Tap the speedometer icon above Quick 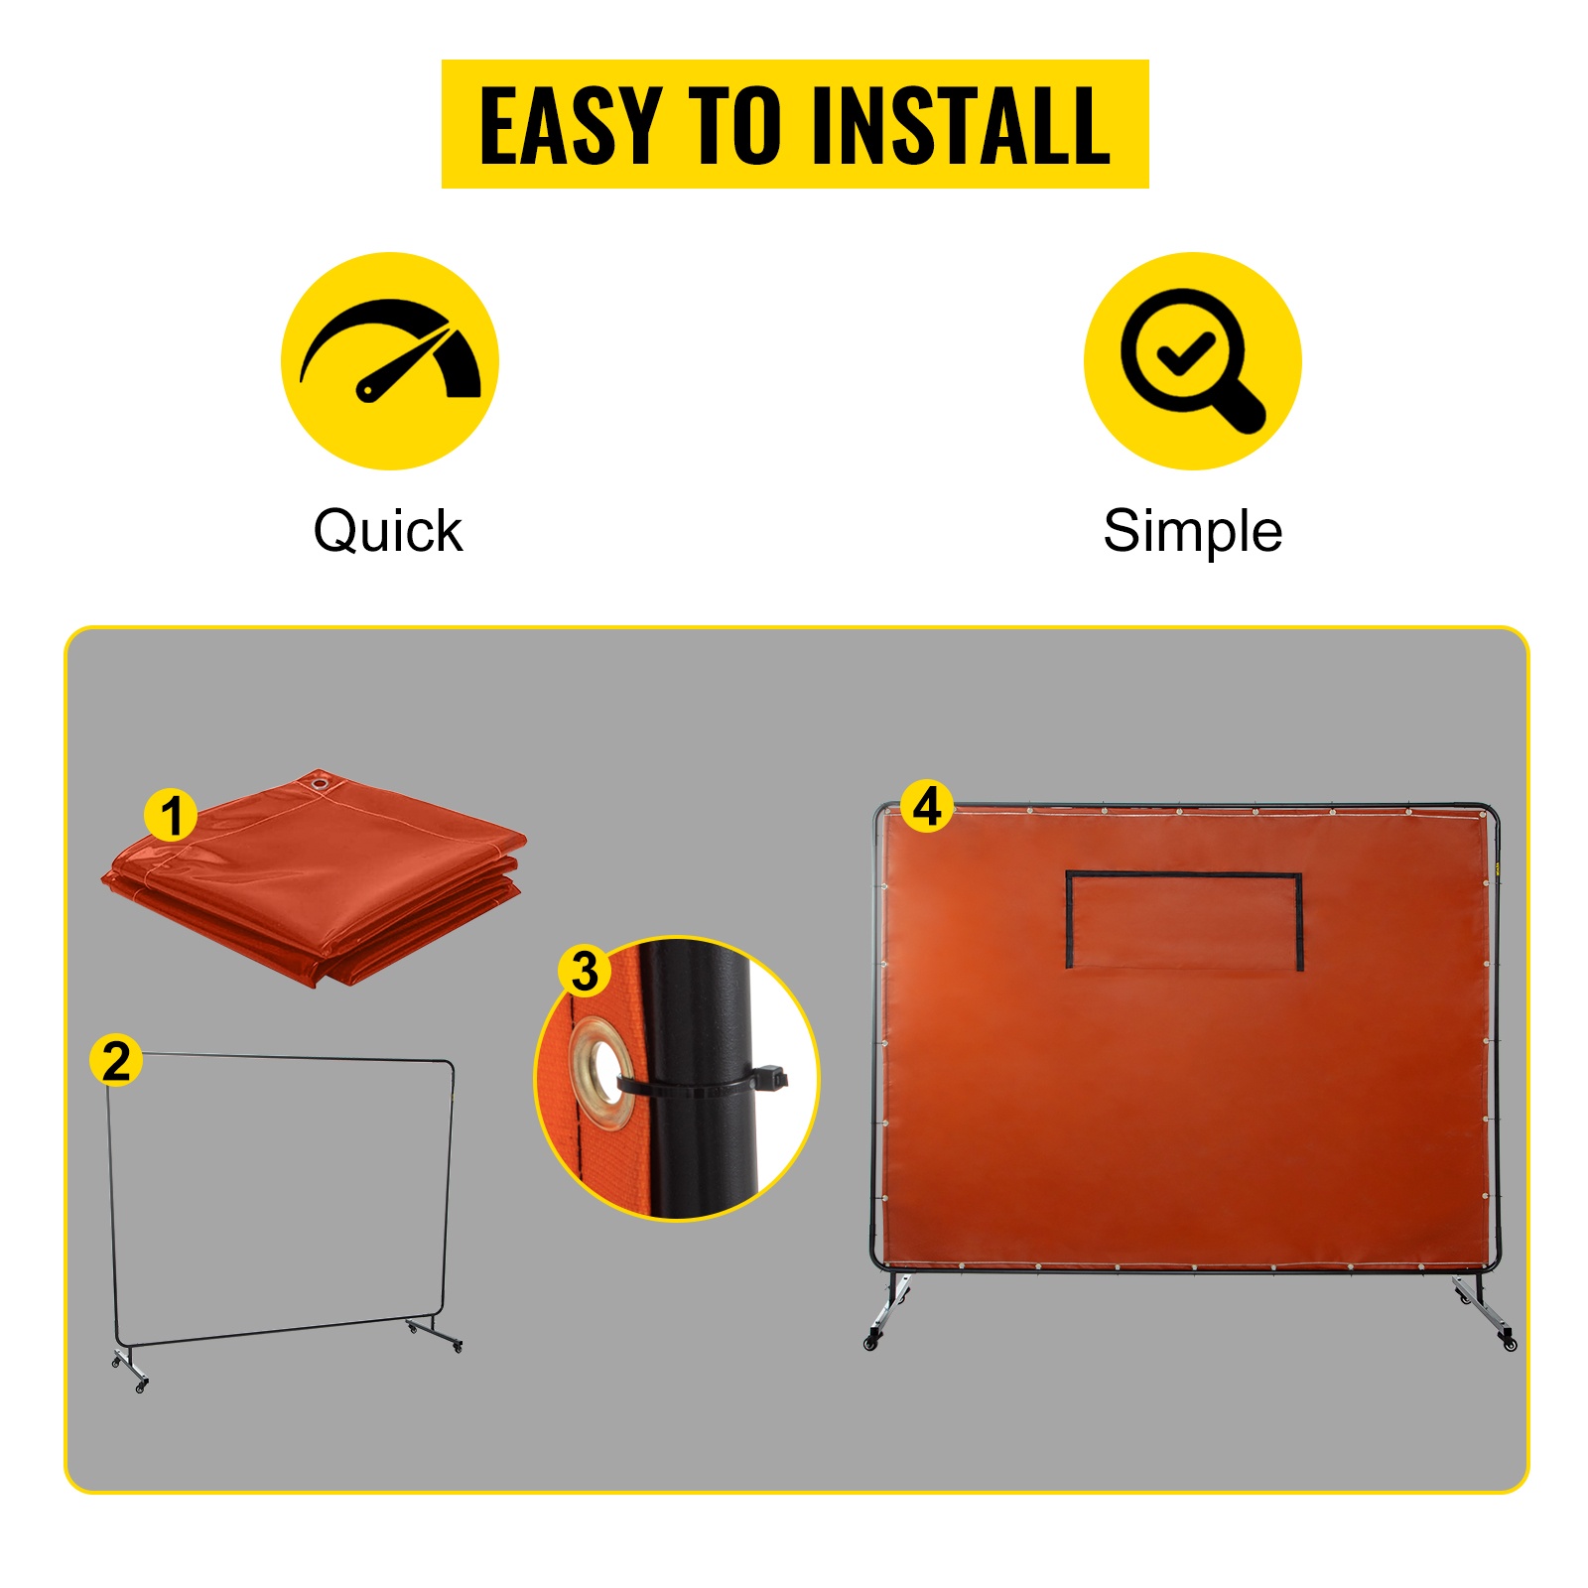click(390, 360)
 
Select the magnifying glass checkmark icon click(1192, 360)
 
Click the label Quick click(388, 531)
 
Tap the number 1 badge click(172, 815)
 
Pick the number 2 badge click(116, 1060)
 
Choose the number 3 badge click(585, 970)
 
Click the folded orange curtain click(315, 877)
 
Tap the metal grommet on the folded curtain click(320, 785)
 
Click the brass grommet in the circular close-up click(600, 1072)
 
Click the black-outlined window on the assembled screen click(1184, 920)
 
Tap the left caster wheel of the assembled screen click(872, 1343)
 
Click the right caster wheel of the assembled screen click(1510, 1344)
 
